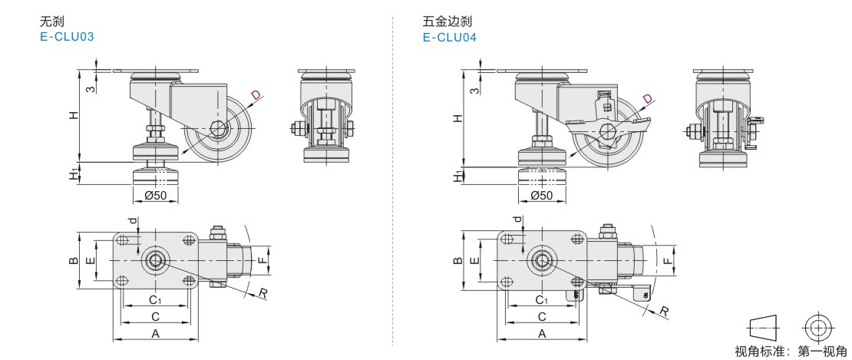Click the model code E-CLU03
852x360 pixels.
pos(66,37)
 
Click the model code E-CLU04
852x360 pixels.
pos(449,38)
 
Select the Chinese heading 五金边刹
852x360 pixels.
pos(447,21)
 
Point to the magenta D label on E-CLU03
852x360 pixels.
pos(256,96)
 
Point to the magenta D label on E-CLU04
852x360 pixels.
pos(648,99)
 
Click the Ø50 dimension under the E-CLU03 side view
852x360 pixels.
pos(156,196)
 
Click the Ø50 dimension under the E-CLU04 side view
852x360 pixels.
pos(541,196)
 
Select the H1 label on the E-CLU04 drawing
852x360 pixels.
pos(458,176)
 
